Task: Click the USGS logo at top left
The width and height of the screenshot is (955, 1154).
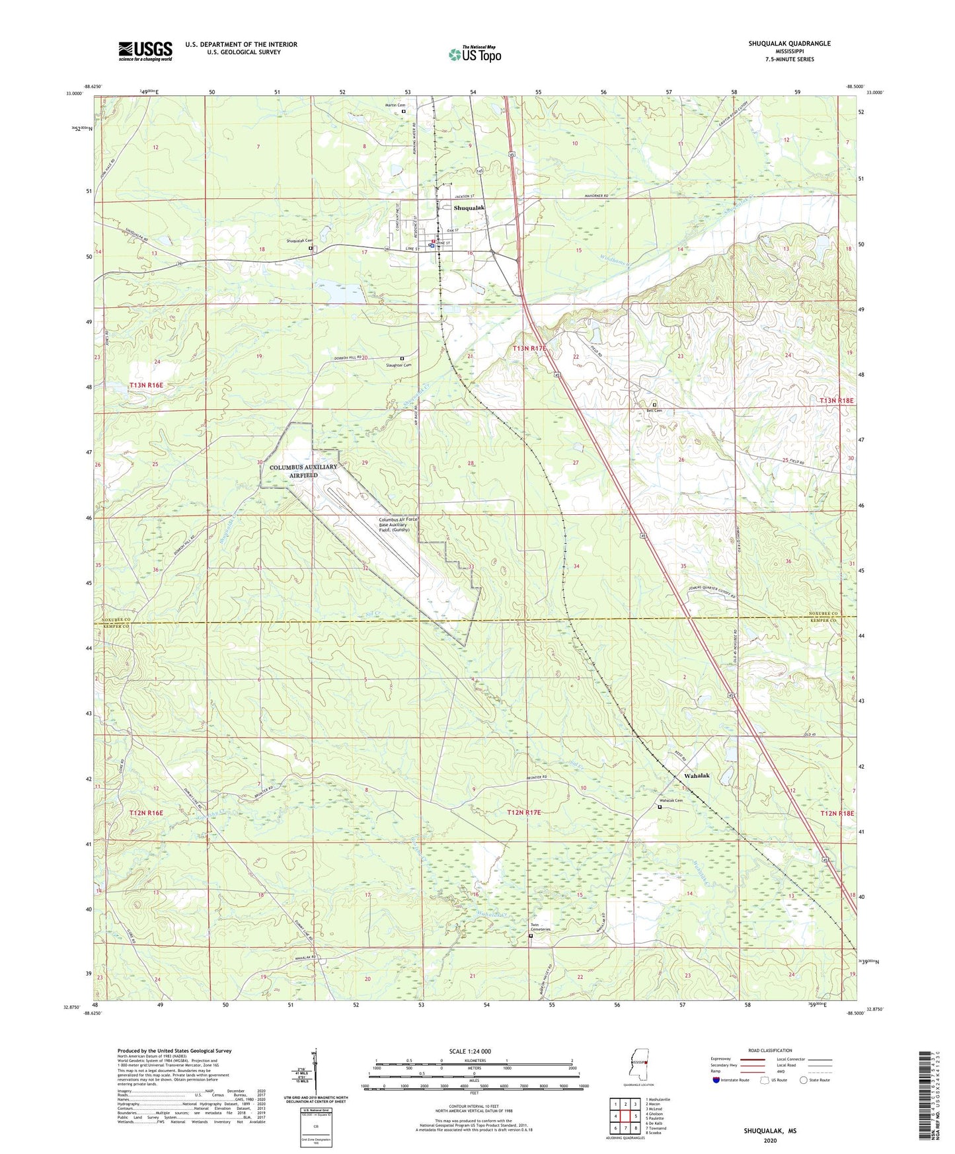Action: (145, 51)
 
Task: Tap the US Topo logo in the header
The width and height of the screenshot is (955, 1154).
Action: (475, 54)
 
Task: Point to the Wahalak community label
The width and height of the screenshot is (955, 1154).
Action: (697, 775)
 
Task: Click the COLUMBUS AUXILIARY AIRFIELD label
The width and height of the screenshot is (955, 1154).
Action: (303, 471)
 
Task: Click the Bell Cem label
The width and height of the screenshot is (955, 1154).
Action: (654, 410)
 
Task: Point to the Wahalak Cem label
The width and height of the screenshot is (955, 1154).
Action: (670, 801)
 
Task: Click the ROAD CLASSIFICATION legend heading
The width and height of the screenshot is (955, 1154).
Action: (770, 1050)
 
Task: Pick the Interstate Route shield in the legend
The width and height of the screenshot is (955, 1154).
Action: (716, 1080)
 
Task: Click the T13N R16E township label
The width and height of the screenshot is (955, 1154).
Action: (146, 385)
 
